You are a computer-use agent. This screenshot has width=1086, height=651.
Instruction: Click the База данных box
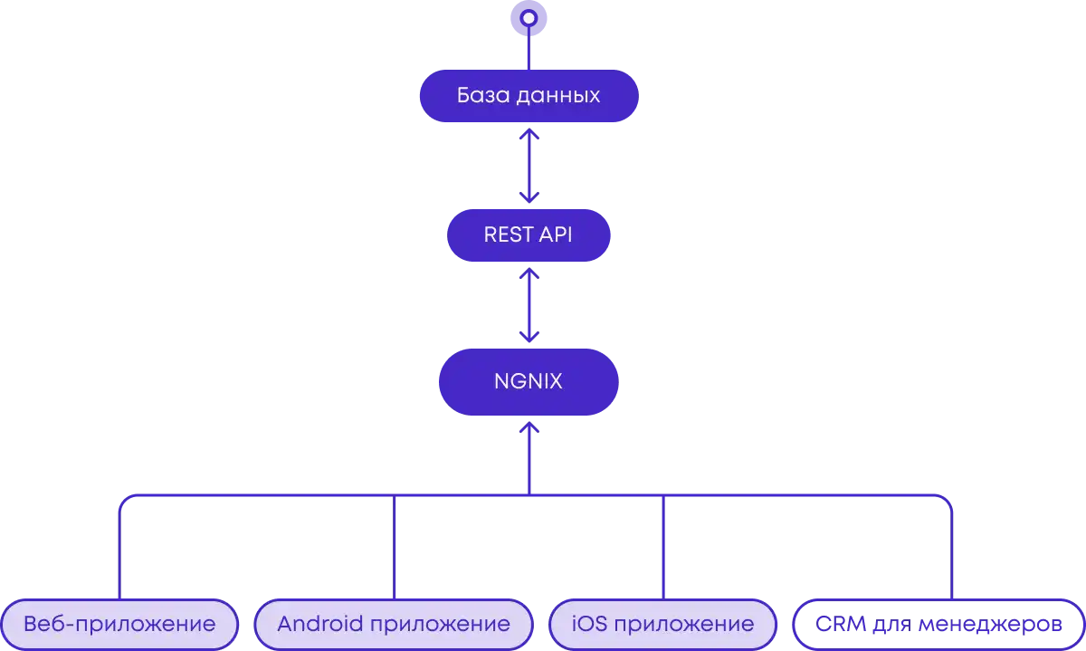[x=529, y=95]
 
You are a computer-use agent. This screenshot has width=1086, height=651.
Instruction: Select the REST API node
[x=529, y=235]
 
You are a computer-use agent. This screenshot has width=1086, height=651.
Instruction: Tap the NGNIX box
[x=529, y=381]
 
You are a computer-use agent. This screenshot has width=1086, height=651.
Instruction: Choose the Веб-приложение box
[x=119, y=624]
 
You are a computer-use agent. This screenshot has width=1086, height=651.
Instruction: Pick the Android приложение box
[x=393, y=624]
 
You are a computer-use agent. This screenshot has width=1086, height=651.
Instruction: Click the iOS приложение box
[x=663, y=624]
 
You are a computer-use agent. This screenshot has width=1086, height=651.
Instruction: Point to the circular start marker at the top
[x=529, y=17]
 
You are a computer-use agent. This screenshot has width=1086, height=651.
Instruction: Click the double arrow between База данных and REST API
[x=529, y=165]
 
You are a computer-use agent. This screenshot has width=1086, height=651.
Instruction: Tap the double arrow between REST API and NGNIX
[x=529, y=305]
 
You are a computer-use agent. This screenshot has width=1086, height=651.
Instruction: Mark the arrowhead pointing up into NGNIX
[x=529, y=426]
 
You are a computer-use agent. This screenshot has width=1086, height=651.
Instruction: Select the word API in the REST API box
[x=557, y=235]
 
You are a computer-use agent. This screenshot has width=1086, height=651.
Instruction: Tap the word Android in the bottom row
[x=319, y=624]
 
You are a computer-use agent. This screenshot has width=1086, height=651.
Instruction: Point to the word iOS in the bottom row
[x=592, y=624]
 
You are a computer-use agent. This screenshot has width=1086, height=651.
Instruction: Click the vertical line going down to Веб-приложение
[x=119, y=552]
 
